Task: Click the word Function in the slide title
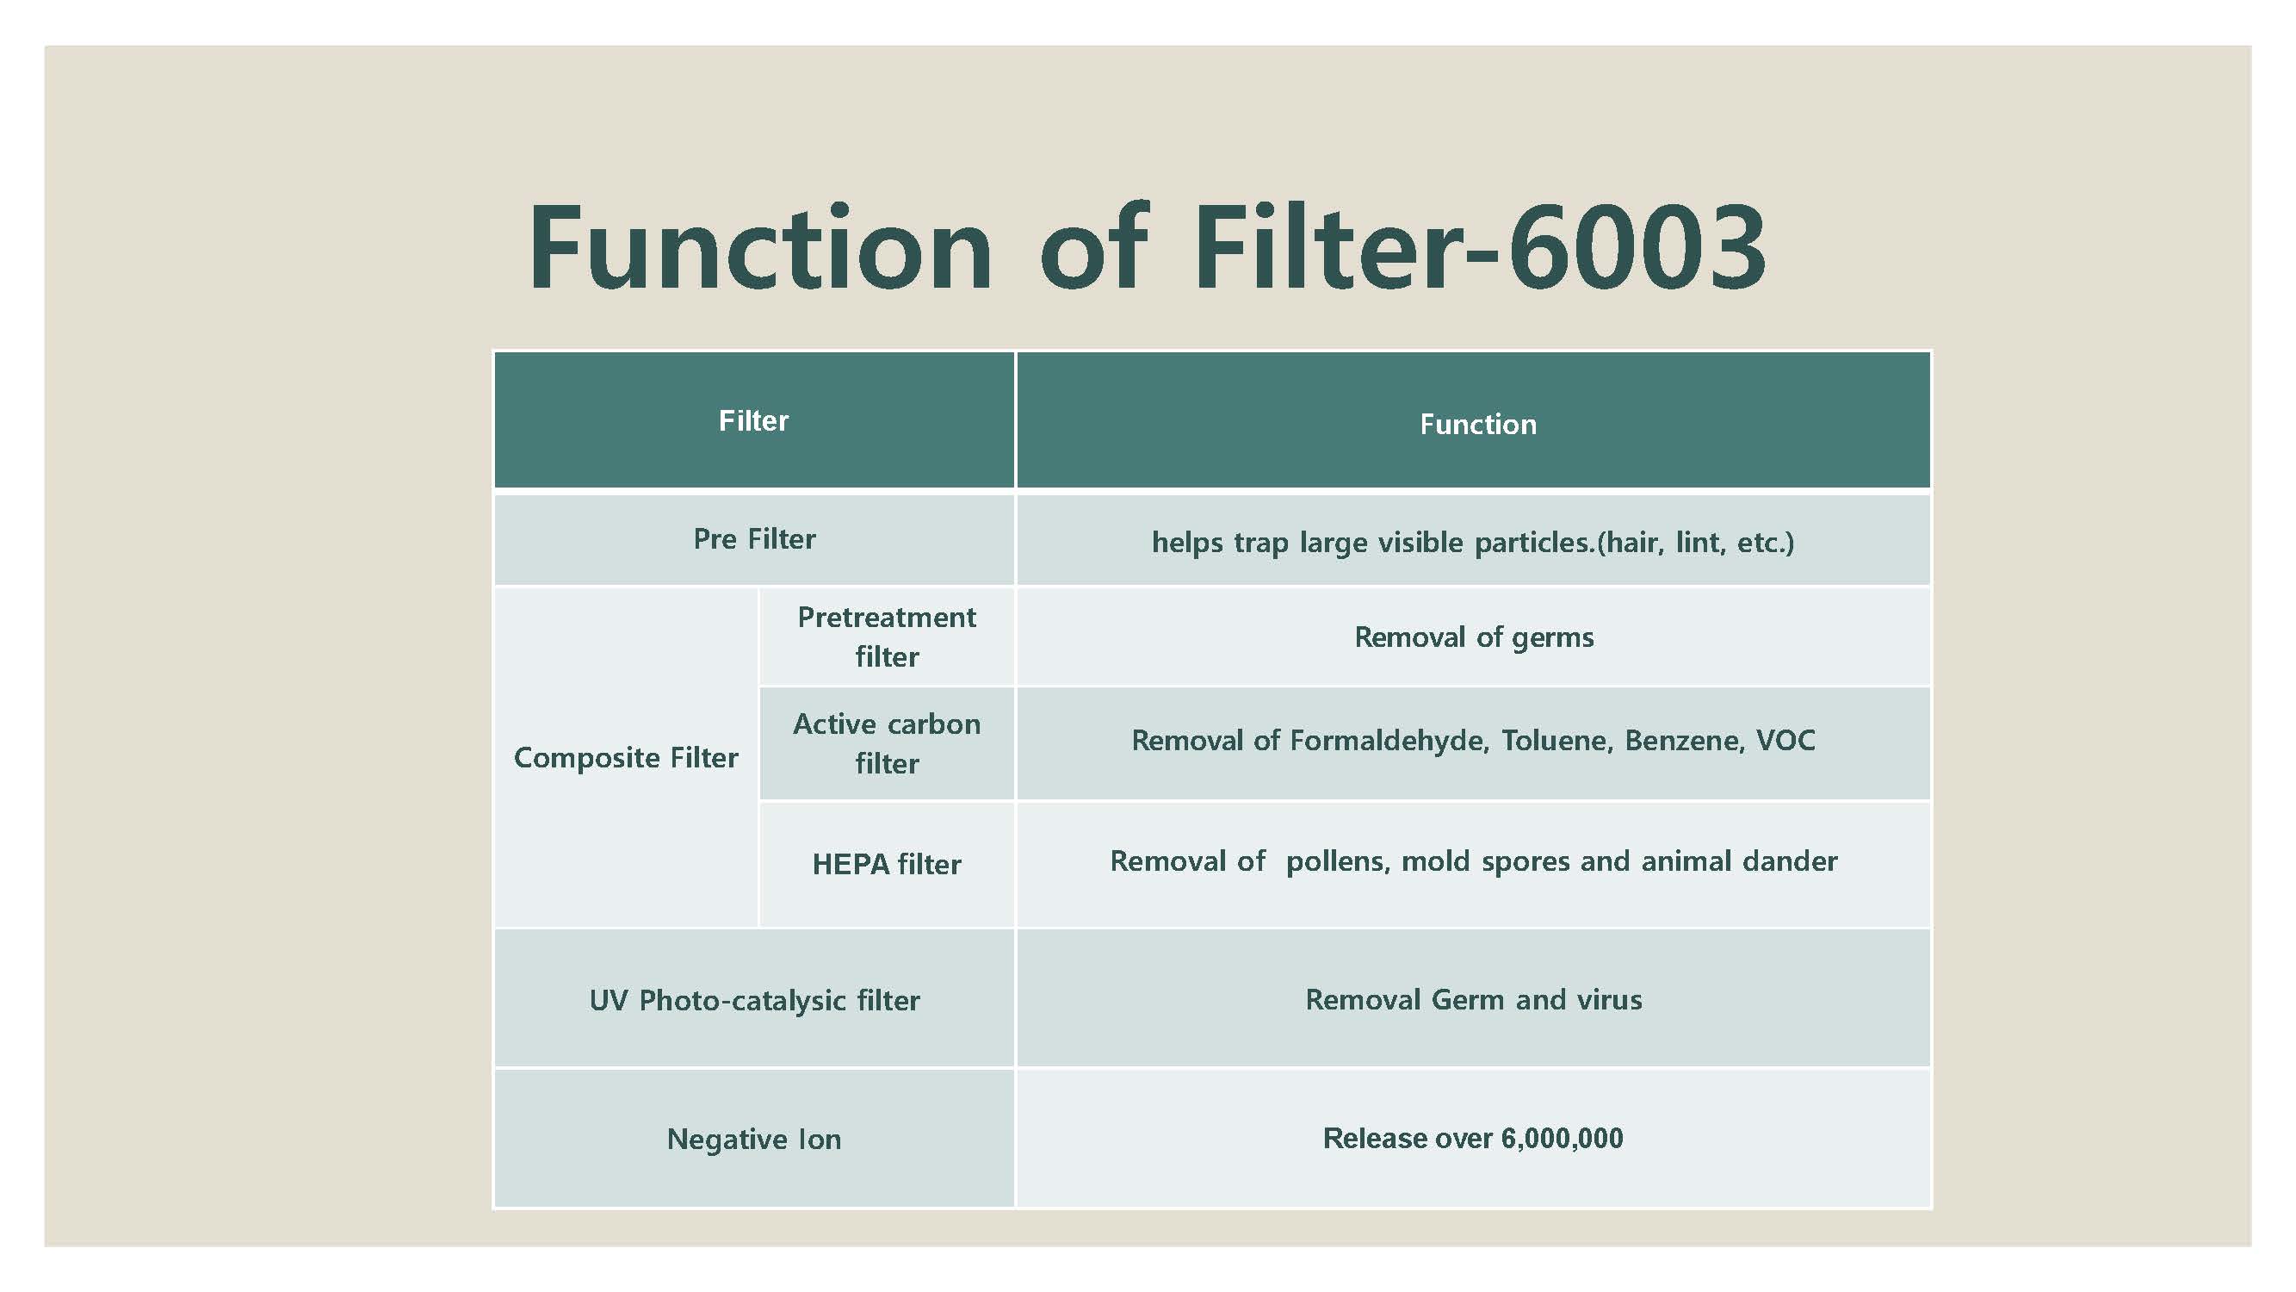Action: tap(760, 248)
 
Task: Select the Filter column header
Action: tap(754, 421)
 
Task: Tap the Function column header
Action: tap(1473, 421)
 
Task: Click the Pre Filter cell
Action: tap(754, 539)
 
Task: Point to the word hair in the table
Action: tap(1633, 542)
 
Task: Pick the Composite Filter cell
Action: tap(626, 758)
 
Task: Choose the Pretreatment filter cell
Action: tap(887, 637)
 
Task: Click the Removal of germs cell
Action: tap(1473, 637)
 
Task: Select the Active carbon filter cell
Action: tap(887, 743)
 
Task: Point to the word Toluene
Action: tap(1557, 741)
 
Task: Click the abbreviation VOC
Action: tap(1785, 741)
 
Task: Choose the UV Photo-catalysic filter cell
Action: tap(754, 998)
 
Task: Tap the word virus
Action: tap(1609, 999)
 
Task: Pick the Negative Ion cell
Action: tap(754, 1139)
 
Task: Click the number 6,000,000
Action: tap(1563, 1139)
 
